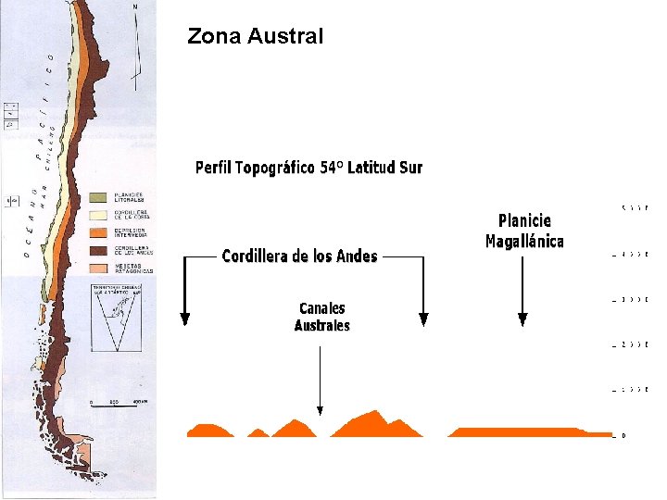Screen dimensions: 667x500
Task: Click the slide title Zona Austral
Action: click(255, 37)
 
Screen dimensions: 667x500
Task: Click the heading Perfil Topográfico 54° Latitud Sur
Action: click(308, 168)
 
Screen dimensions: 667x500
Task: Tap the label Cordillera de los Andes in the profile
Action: click(299, 256)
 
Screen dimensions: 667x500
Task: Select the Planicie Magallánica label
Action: click(524, 231)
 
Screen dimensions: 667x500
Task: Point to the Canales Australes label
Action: click(321, 317)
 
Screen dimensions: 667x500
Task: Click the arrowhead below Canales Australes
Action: click(320, 408)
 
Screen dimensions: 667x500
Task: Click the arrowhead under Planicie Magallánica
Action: click(522, 319)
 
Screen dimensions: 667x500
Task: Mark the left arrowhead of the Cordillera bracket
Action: click(184, 319)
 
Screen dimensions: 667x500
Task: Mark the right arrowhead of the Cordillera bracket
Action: click(423, 319)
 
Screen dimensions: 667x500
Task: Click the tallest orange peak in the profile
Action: click(375, 413)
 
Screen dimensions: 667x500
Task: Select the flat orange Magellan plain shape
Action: click(514, 431)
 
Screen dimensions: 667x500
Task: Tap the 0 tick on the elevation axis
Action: click(623, 435)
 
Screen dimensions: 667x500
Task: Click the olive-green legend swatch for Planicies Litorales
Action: click(98, 197)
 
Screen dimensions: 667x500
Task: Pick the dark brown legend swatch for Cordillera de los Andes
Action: click(98, 250)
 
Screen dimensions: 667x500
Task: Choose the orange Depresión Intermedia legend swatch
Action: click(98, 232)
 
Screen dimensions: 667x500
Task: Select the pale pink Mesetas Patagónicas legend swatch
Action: click(98, 268)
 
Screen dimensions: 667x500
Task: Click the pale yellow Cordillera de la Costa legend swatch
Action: click(98, 215)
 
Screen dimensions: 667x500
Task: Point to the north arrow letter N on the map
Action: click(136, 7)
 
